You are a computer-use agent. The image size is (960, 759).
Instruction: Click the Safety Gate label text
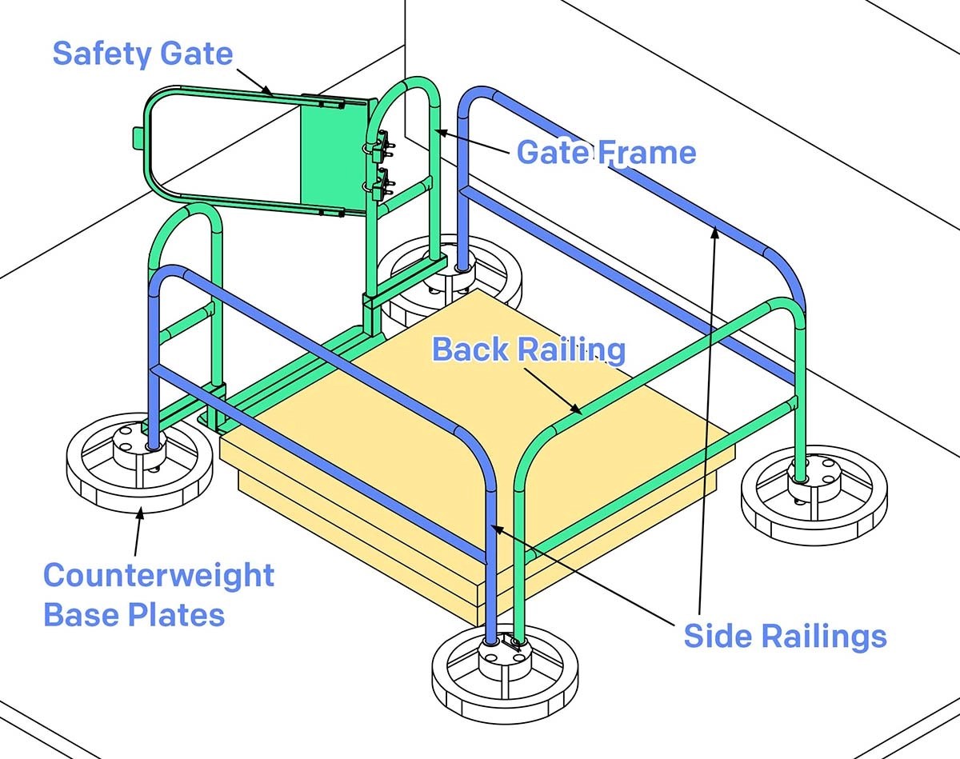click(x=142, y=54)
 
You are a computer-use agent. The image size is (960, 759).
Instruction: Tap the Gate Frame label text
click(x=606, y=151)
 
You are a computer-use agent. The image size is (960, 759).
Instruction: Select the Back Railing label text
click(x=528, y=350)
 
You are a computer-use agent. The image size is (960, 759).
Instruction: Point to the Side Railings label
click(x=785, y=636)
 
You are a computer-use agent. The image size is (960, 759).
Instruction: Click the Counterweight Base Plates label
click(x=158, y=595)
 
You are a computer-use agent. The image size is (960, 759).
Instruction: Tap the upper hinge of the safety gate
click(x=380, y=144)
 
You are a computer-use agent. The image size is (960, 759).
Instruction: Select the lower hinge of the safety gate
click(x=380, y=183)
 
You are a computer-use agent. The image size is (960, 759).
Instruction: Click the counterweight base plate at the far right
click(x=814, y=496)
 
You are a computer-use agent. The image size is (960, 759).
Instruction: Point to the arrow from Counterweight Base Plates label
click(x=138, y=532)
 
